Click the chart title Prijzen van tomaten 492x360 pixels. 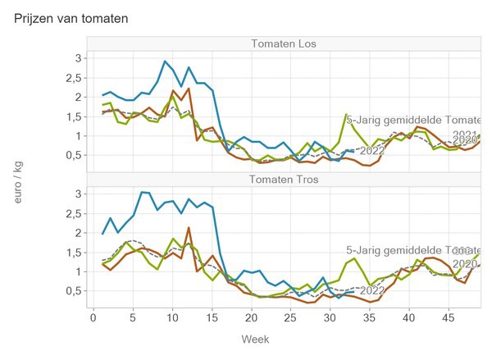71,17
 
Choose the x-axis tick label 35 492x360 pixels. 370,316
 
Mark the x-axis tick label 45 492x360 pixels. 449,316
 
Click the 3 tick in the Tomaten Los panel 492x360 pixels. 78,58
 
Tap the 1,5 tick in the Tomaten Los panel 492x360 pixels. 74,116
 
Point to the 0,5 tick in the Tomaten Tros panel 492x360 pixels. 74,291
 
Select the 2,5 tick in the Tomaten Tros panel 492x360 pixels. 74,213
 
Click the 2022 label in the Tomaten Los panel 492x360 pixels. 372,151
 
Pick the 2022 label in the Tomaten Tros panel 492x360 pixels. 372,289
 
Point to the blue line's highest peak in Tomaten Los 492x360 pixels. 165,62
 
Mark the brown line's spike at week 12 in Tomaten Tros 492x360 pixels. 189,228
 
